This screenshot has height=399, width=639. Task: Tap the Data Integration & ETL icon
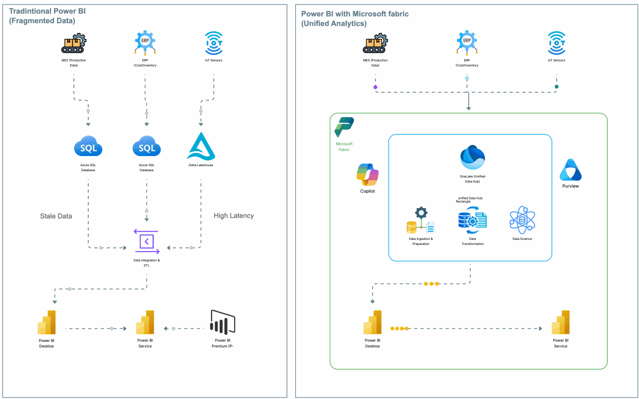(146, 241)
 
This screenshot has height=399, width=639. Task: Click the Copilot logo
(367, 175)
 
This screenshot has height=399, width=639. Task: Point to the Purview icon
(570, 170)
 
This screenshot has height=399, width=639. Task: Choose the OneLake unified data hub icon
(472, 157)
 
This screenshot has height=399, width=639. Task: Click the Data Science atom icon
(522, 220)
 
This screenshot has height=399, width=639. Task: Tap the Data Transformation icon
(472, 220)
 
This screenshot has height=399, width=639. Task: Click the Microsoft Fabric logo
(344, 127)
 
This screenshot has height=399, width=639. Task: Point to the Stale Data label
(56, 216)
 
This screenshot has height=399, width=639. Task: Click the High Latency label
(234, 216)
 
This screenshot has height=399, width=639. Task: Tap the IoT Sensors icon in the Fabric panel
(556, 43)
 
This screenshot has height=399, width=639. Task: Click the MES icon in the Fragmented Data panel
(74, 43)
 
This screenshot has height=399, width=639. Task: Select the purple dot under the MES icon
(375, 87)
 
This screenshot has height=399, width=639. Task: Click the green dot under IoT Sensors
(557, 87)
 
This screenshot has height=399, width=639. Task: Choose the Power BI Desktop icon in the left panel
(46, 322)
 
